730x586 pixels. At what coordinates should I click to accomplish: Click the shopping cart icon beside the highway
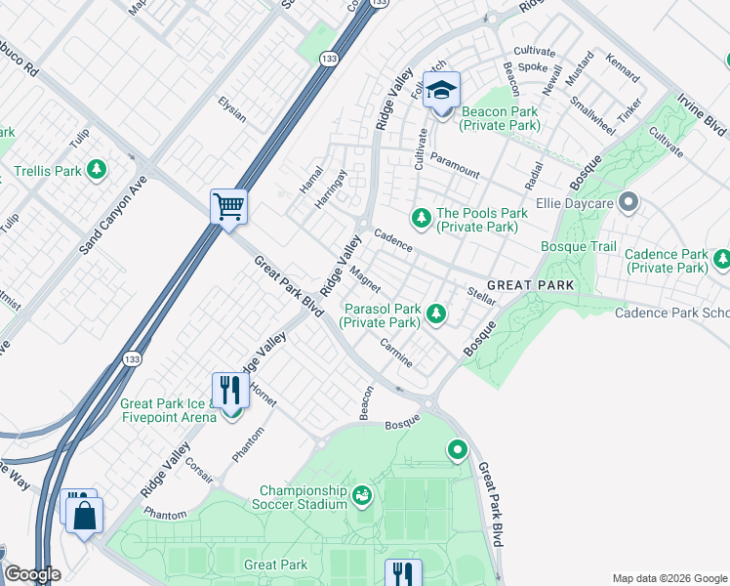pos(228,206)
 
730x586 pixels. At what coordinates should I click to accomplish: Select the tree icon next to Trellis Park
pos(96,171)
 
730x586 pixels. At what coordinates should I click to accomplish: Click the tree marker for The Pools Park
pos(422,217)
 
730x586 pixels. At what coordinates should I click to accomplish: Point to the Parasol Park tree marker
pos(437,314)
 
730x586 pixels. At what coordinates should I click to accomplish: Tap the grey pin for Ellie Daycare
pos(629,204)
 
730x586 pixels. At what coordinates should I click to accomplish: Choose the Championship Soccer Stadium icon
pos(362,496)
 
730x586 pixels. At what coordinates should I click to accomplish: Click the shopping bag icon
pos(84,514)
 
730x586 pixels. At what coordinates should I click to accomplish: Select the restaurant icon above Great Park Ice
pos(230,390)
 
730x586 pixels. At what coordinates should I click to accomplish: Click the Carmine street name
pos(396,354)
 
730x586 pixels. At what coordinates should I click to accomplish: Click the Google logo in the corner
pos(33,574)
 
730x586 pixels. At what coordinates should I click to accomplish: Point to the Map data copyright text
pos(668,577)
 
